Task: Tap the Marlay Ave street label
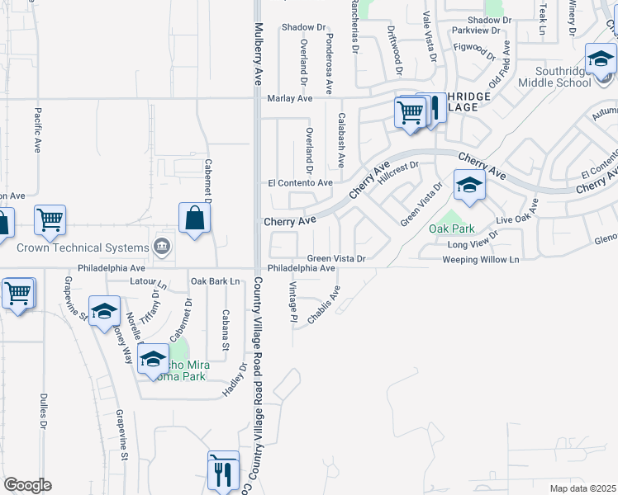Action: click(290, 98)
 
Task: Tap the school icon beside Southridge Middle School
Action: click(601, 59)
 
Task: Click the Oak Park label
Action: click(449, 228)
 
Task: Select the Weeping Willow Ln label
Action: click(480, 260)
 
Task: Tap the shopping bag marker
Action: click(194, 219)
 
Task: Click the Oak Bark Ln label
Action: click(215, 281)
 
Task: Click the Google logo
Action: click(27, 485)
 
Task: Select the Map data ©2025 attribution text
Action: click(582, 488)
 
